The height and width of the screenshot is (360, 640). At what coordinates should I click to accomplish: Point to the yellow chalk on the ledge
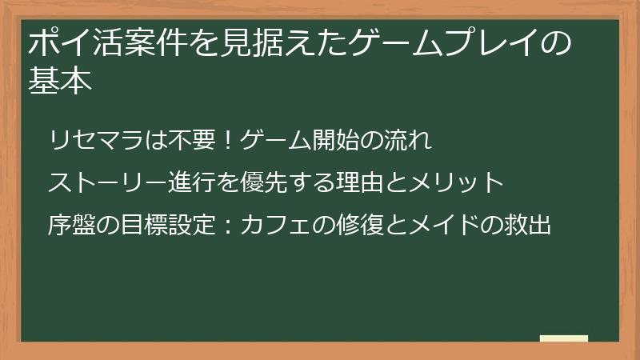coord(564,338)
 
